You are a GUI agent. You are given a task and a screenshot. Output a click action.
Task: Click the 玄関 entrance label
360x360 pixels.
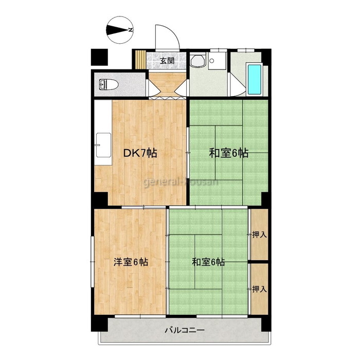pyautogui.click(x=167, y=61)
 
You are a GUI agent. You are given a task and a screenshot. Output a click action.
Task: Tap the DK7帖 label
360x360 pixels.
pyautogui.click(x=140, y=153)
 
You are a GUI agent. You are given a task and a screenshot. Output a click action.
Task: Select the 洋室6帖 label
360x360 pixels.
pyautogui.click(x=131, y=262)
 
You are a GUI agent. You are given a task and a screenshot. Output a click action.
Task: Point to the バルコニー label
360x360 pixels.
pyautogui.click(x=185, y=330)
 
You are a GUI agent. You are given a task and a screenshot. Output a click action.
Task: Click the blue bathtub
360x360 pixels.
pyautogui.click(x=255, y=79)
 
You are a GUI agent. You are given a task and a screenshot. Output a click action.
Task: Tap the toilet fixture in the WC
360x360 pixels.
pyautogui.click(x=109, y=84)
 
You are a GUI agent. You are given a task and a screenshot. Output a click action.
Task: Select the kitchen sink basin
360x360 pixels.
pyautogui.click(x=103, y=145)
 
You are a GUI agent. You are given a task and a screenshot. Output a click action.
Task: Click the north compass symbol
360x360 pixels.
pyautogui.click(x=120, y=30)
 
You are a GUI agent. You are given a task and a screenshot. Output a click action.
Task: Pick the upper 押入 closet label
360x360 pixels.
pyautogui.click(x=259, y=235)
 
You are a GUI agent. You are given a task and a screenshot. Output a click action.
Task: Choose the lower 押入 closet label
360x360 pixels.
pyautogui.click(x=259, y=289)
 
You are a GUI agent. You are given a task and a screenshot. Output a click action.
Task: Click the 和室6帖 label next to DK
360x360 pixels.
pyautogui.click(x=228, y=153)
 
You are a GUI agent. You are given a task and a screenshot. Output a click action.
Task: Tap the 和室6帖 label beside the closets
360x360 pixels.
pyautogui.click(x=208, y=262)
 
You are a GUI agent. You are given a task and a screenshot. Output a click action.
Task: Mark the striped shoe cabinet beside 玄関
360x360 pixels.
pyautogui.click(x=140, y=59)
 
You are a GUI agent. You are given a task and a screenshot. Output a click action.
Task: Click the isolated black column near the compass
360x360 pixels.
pyautogui.click(x=99, y=57)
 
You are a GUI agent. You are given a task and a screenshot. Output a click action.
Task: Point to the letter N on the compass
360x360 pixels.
pyautogui.click(x=130, y=30)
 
